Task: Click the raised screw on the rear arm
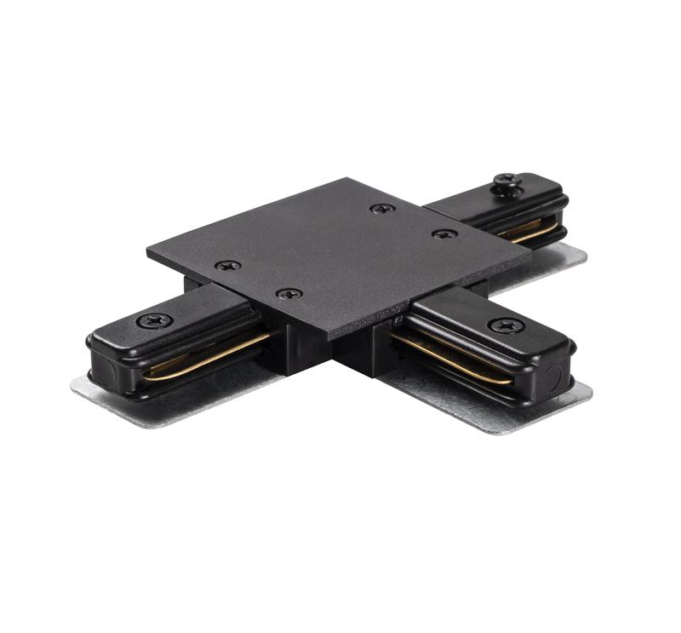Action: pyautogui.click(x=508, y=182)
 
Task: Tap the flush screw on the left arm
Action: pyautogui.click(x=154, y=321)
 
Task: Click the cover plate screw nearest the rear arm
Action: pyautogui.click(x=383, y=208)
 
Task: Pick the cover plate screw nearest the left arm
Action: pyautogui.click(x=227, y=265)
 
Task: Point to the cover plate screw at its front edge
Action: pyautogui.click(x=289, y=293)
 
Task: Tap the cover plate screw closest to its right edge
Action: pyautogui.click(x=444, y=233)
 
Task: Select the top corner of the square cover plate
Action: pyautogui.click(x=347, y=179)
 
